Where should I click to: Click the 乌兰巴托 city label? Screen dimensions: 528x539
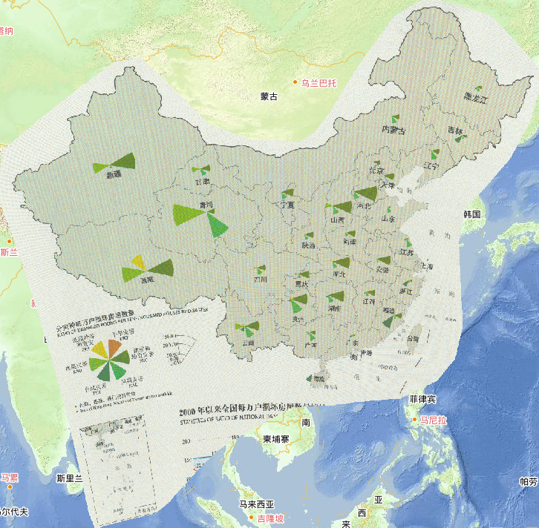point(318,83)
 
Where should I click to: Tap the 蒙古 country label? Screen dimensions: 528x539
point(269,96)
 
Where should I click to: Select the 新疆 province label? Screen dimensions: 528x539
point(114,176)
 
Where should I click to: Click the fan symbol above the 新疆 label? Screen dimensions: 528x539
point(115,162)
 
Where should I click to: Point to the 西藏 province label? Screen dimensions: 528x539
point(147,280)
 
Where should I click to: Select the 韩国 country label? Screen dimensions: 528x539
point(472,214)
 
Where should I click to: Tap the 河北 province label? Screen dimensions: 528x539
point(364,207)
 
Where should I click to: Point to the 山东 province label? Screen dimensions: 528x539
point(388,220)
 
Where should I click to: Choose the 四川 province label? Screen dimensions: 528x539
point(260,280)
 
